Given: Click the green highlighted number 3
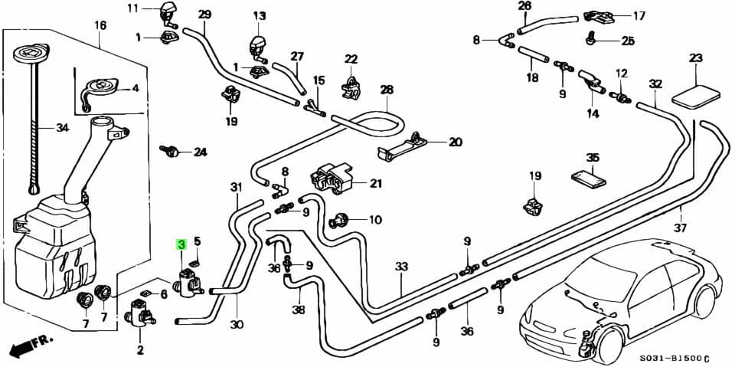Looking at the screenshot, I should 181,244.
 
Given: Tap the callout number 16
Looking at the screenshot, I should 100,25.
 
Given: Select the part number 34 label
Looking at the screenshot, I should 62,128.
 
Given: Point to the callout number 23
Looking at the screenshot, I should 695,58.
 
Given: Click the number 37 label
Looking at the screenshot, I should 681,228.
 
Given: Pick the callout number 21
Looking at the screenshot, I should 375,183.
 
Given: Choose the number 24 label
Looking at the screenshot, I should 200,152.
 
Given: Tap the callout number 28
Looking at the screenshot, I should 386,90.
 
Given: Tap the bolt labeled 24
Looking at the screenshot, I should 171,149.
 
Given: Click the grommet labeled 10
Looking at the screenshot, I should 338,222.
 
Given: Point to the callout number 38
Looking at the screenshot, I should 298,310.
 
